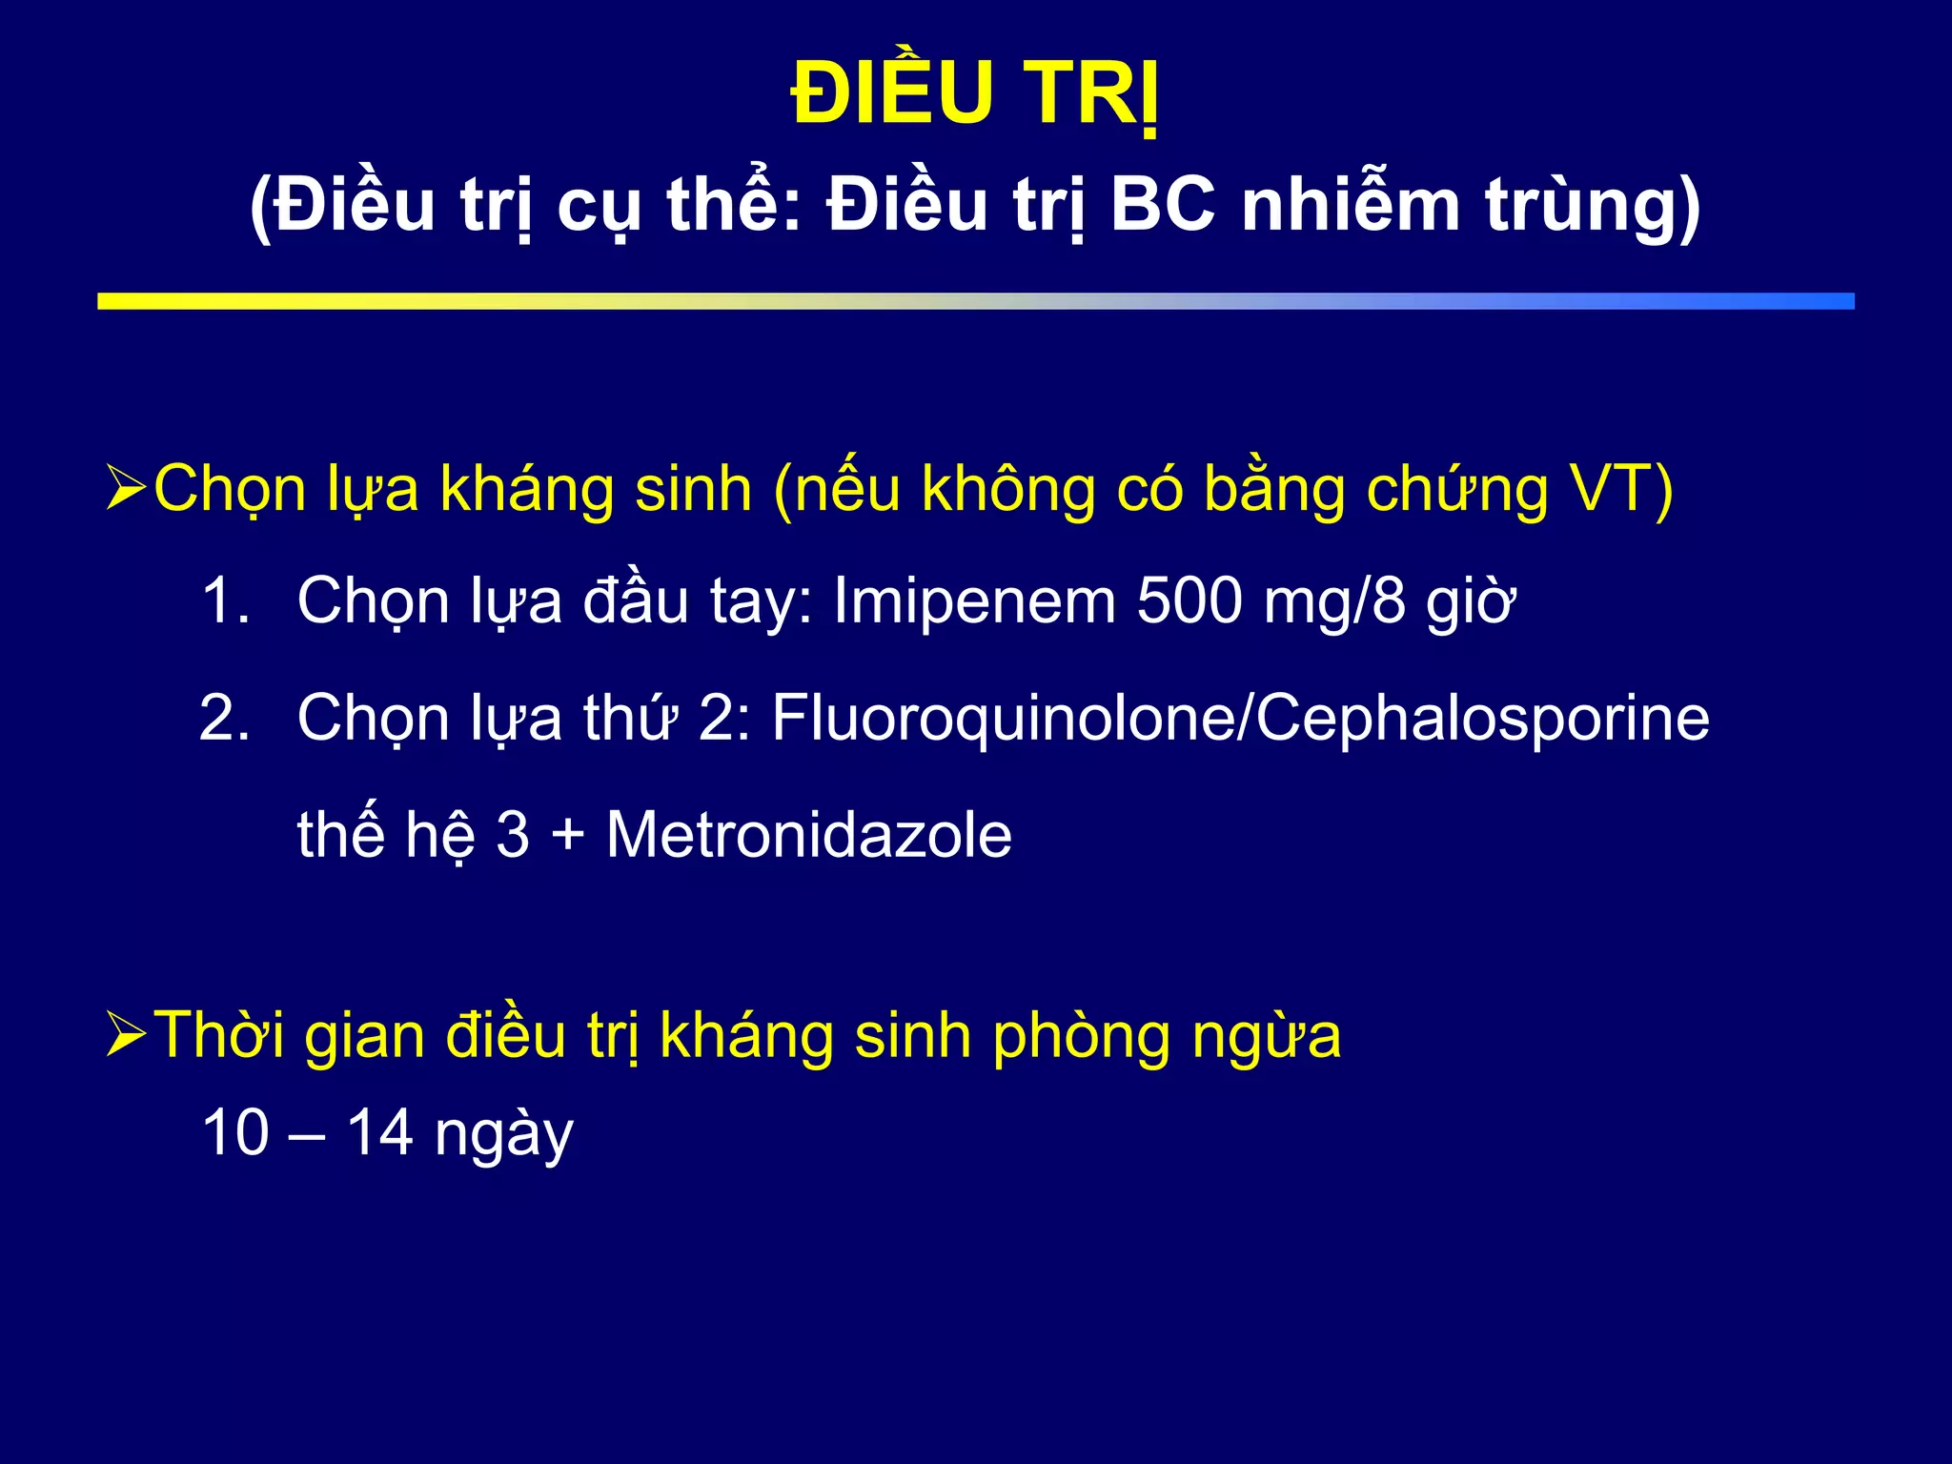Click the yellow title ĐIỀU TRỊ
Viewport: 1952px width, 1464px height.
pos(975,93)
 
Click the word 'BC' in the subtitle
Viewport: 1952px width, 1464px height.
pos(1164,205)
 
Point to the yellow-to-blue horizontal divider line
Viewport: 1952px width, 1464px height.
pos(975,301)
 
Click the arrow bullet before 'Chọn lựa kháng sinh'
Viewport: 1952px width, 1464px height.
pos(126,488)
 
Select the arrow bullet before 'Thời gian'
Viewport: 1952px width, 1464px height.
pos(126,1034)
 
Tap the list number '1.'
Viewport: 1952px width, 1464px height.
pos(226,600)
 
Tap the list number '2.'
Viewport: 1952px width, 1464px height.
pos(226,717)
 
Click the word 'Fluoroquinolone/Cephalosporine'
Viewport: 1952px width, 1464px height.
pos(1240,717)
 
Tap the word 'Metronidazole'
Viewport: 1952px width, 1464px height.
pos(808,835)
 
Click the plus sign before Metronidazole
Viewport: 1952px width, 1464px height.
pos(568,835)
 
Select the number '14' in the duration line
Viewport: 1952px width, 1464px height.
pos(379,1132)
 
